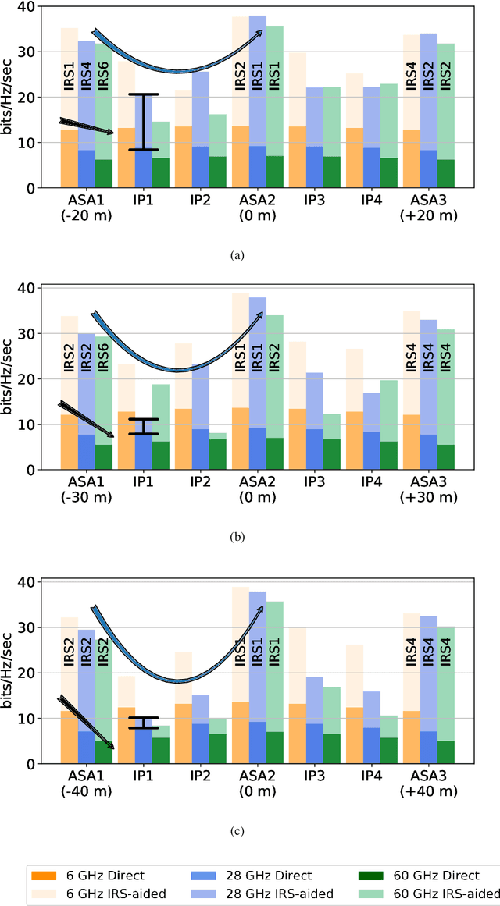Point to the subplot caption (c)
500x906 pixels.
pyautogui.click(x=238, y=832)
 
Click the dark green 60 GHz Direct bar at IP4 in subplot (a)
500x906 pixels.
pyautogui.click(x=388, y=172)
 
